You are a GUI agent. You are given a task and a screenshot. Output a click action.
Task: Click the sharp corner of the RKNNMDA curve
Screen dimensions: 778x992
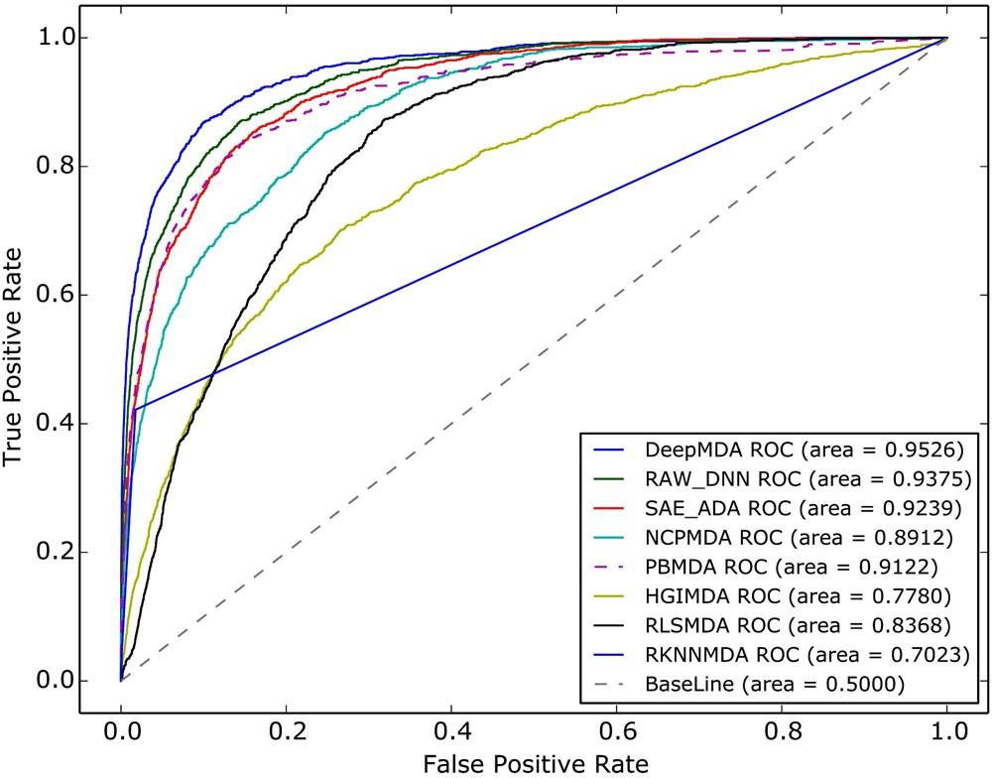[x=133, y=408]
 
